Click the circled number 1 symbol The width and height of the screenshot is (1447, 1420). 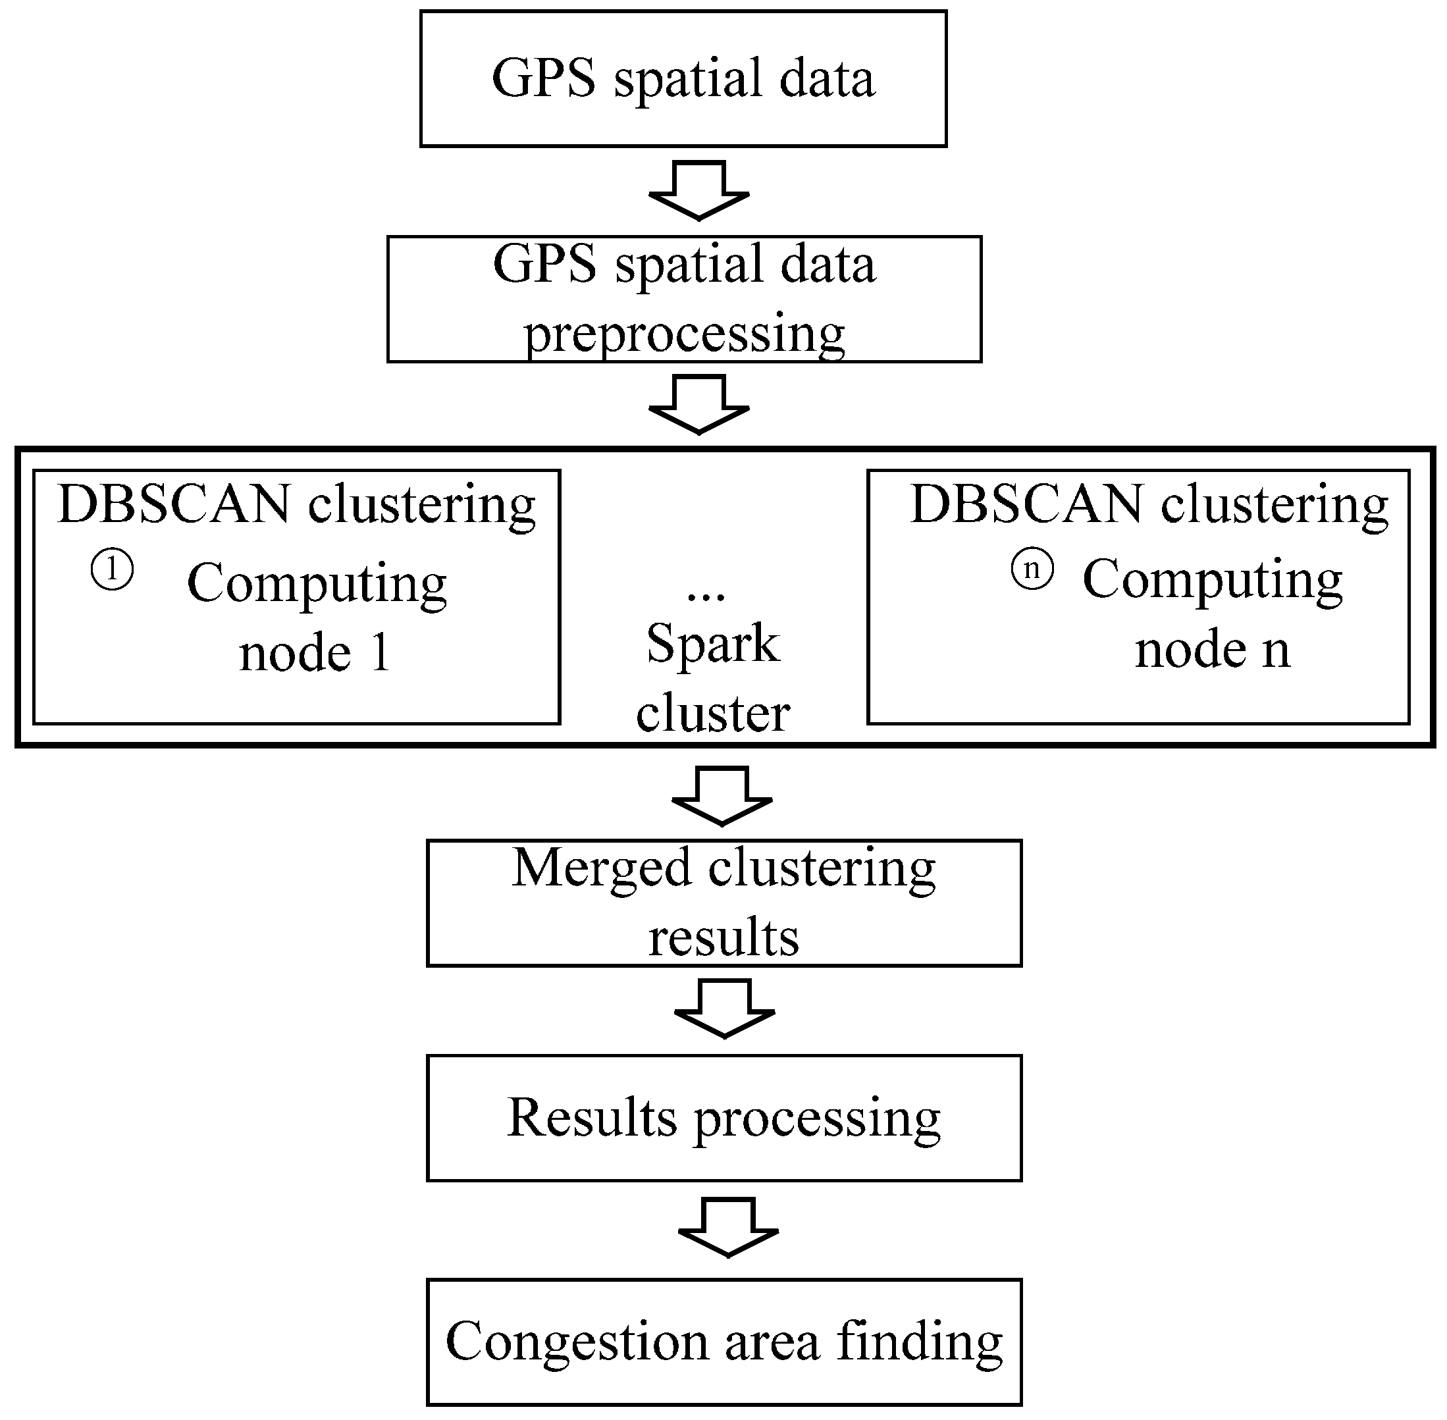click(x=112, y=571)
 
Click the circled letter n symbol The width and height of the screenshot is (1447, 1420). click(x=1032, y=569)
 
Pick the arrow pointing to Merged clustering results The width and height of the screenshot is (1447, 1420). click(x=722, y=796)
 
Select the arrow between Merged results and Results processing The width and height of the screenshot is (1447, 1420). click(x=724, y=1009)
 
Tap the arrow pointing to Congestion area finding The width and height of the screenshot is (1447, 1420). click(x=728, y=1228)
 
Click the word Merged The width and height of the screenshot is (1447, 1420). click(x=601, y=869)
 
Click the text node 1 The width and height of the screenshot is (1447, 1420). click(x=314, y=653)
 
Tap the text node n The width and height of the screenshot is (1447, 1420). click(x=1212, y=650)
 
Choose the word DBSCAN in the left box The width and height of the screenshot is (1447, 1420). click(x=174, y=505)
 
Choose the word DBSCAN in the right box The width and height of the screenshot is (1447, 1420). click(x=1026, y=505)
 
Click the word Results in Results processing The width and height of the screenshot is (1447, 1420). click(x=591, y=1118)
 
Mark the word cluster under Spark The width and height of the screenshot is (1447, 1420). click(x=712, y=714)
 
